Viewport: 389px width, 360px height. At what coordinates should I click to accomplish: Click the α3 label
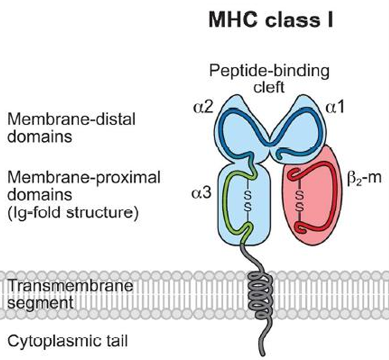point(203,192)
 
